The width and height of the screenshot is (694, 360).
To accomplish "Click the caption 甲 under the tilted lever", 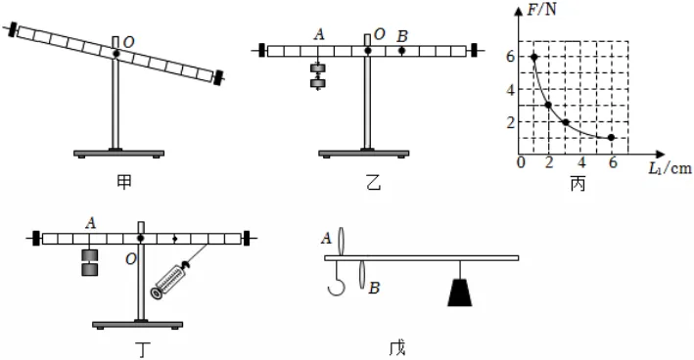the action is tap(124, 182).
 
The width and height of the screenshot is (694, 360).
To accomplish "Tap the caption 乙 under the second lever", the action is tap(374, 182).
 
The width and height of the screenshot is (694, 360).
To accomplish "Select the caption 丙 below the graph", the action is tap(578, 184).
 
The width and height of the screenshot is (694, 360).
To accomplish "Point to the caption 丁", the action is tap(142, 350).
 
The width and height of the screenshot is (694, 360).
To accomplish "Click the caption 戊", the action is tap(397, 347).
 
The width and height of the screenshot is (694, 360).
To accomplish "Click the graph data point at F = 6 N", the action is tap(534, 57).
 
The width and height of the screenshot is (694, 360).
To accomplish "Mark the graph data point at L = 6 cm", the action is tap(611, 138).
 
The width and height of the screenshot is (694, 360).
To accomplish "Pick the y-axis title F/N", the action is tap(541, 9).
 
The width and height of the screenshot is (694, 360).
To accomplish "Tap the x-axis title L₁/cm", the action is tap(670, 168).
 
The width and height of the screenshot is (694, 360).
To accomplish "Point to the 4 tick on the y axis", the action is tap(511, 90).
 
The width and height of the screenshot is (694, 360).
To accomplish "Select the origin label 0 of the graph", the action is tap(521, 162).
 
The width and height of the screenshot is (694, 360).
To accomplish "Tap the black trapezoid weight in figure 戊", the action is tap(460, 292).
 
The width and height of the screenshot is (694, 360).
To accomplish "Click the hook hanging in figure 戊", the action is tap(338, 278).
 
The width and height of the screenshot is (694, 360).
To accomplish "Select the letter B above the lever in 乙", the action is tap(402, 36).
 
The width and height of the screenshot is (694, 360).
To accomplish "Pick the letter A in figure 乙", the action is tap(319, 34).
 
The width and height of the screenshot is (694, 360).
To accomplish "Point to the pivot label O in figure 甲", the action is tap(128, 42).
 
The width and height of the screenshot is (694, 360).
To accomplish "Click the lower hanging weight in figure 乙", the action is tap(318, 83).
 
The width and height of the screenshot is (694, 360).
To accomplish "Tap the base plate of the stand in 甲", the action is tap(118, 154).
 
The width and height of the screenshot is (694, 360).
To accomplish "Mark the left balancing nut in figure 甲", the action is tap(13, 29).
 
